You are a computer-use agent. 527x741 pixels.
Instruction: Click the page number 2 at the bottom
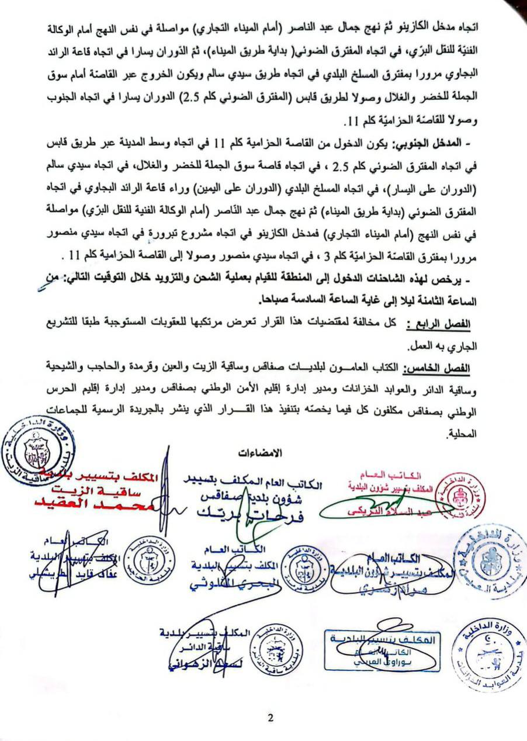271,718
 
